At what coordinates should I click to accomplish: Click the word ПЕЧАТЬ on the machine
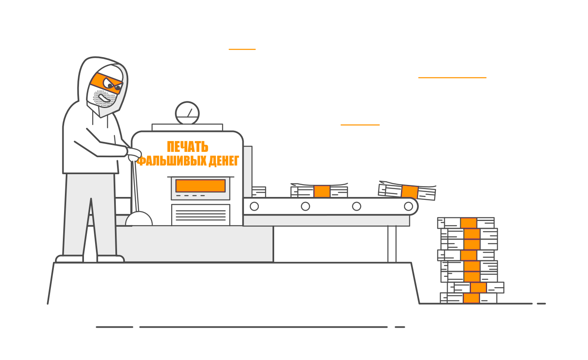pyautogui.click(x=187, y=147)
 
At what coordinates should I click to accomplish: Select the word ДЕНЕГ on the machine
pyautogui.click(x=224, y=161)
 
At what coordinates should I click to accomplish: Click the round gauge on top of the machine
pyautogui.click(x=187, y=113)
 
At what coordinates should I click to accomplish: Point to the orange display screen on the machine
pyautogui.click(x=201, y=186)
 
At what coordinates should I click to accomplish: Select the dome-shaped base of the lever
pyautogui.click(x=139, y=219)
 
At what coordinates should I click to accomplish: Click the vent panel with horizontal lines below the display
pyautogui.click(x=201, y=215)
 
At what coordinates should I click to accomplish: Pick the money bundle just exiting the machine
pyautogui.click(x=258, y=192)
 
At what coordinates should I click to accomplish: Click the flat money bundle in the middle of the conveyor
pyautogui.click(x=319, y=192)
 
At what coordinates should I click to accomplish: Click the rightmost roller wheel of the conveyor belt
pyautogui.click(x=409, y=206)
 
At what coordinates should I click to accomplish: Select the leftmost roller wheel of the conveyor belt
pyautogui.click(x=254, y=206)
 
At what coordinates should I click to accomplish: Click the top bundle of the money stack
pyautogui.click(x=466, y=223)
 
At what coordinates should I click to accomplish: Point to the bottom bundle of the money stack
pyautogui.click(x=469, y=298)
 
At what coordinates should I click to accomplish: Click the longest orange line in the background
pyautogui.click(x=452, y=78)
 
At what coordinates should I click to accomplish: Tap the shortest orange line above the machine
pyautogui.click(x=242, y=50)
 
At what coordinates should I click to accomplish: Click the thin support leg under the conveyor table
pyautogui.click(x=392, y=244)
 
